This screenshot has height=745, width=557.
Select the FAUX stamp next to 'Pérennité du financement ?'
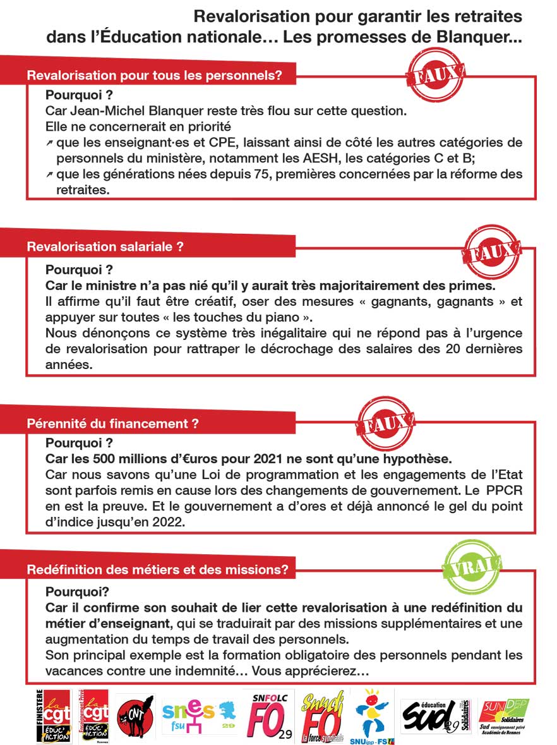[x=385, y=424]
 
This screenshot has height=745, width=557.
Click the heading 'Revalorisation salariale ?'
[x=105, y=246]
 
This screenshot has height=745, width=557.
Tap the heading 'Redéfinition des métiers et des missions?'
[x=157, y=570]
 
